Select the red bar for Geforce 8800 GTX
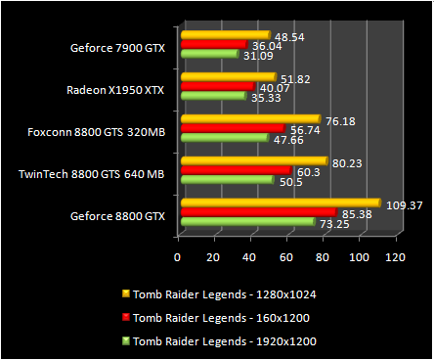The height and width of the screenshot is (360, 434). click(258, 213)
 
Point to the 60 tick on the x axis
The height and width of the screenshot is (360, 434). click(286, 257)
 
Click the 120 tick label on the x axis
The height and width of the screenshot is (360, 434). click(395, 257)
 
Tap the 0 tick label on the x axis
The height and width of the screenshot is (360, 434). click(178, 257)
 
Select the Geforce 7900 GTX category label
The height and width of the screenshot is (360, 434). click(117, 45)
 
